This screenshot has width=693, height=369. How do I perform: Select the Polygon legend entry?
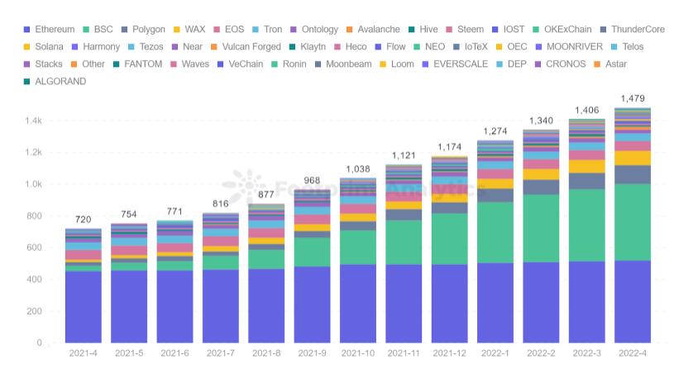coord(142,29)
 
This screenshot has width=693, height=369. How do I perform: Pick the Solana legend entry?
coord(50,47)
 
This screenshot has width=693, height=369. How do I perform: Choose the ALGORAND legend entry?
coord(58,82)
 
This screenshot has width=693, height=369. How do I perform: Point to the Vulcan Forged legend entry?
coord(249,47)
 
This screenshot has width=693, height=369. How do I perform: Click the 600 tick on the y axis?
coord(33,248)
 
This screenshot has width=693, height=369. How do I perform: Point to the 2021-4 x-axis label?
coord(83,353)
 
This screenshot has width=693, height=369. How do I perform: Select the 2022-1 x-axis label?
coord(495,353)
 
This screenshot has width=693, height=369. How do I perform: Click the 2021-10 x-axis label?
coord(357,353)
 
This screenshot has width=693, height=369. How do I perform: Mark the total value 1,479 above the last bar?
coord(632,99)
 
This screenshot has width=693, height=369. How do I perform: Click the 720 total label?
coord(83,220)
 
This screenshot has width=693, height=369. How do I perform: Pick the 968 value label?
coord(312,180)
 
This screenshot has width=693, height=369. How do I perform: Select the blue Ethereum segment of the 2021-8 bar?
coord(266,305)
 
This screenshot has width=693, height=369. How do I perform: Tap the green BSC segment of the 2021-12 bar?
coord(449,239)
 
